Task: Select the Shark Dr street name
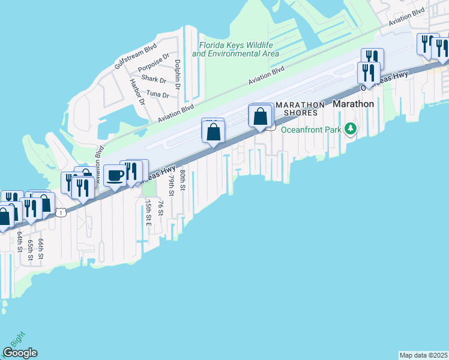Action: click(x=154, y=79)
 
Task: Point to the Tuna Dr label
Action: click(x=158, y=94)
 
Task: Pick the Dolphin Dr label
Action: click(x=178, y=75)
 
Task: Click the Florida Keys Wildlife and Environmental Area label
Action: click(x=236, y=50)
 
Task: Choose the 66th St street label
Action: click(x=41, y=249)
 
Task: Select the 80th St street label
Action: click(x=182, y=179)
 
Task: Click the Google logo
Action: click(x=20, y=353)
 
